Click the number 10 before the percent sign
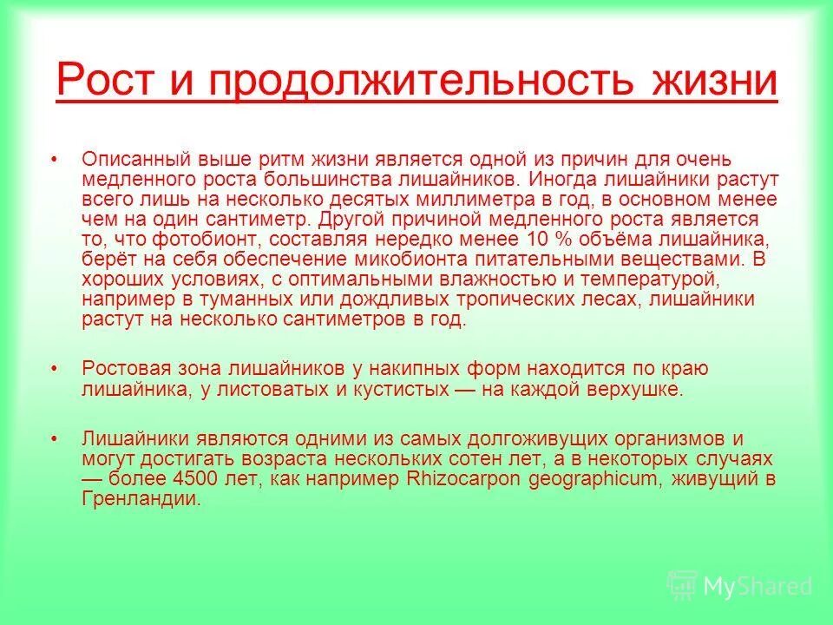535,239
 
